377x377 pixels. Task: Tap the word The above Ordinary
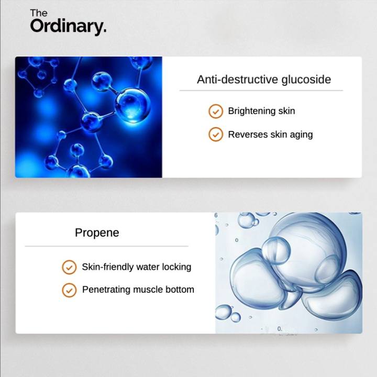[39, 13]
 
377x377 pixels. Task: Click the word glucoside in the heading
[306, 80]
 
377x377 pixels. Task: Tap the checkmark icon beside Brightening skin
[216, 112]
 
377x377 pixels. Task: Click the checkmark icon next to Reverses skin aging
[216, 134]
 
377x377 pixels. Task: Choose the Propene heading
[97, 233]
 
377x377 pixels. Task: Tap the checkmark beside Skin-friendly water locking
[69, 267]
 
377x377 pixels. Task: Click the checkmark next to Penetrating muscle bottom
[69, 290]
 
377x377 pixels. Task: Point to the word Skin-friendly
[107, 267]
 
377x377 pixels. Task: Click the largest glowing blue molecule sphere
[132, 105]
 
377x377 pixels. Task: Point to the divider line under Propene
[106, 246]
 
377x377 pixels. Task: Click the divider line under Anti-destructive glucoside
[261, 91]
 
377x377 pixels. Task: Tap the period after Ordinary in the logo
[104, 31]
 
